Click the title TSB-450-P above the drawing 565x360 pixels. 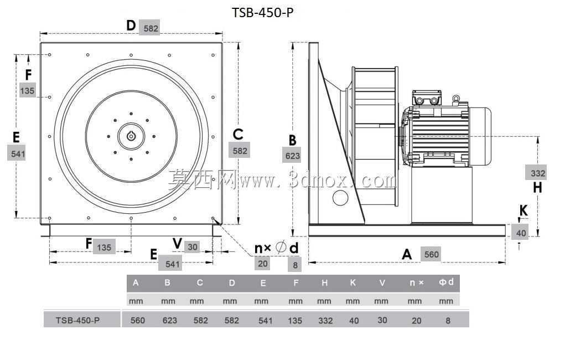262,13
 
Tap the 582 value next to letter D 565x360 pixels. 151,28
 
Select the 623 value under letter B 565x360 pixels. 292,156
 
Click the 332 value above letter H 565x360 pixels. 538,173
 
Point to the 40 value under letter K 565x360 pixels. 521,233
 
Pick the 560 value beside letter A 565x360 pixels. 431,254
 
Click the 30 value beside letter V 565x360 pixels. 193,247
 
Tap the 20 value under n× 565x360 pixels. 263,264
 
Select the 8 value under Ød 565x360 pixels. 295,265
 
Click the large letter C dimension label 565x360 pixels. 238,134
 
